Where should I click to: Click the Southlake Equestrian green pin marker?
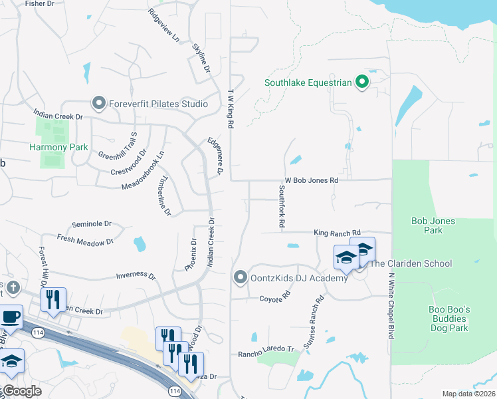click(362, 83)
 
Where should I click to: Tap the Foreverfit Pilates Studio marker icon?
click(99, 103)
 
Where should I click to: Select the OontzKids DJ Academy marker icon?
click(241, 277)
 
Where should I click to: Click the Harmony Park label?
click(50, 146)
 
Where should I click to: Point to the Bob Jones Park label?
click(433, 225)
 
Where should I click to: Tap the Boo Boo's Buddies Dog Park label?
click(449, 319)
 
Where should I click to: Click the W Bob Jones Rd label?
click(312, 180)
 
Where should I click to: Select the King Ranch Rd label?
click(337, 233)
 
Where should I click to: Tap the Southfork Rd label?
click(281, 207)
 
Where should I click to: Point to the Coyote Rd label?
click(275, 297)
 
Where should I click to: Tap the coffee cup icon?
click(11, 317)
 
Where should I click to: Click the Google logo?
click(21, 391)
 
